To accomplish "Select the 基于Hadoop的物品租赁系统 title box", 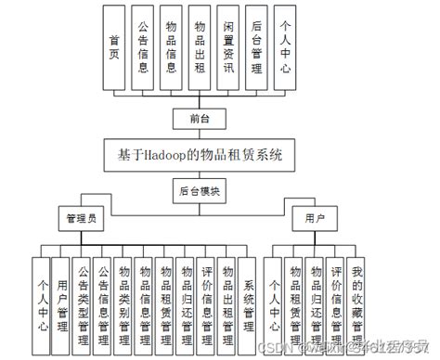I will point(199,154).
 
